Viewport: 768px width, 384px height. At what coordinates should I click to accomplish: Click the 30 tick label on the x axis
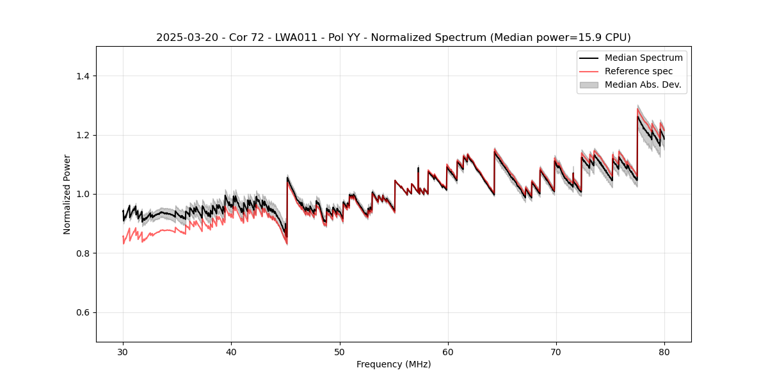[123, 351]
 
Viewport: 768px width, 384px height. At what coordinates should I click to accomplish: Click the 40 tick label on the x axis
[231, 351]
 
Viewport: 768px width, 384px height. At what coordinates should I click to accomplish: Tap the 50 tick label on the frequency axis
[339, 351]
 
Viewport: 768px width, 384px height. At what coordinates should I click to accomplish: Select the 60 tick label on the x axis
[448, 351]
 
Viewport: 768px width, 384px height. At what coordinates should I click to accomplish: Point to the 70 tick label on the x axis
[556, 351]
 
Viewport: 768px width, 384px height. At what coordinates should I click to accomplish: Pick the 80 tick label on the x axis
[664, 351]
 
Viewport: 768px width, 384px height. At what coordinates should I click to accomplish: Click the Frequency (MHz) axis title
[394, 364]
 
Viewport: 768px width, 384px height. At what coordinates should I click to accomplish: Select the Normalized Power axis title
[67, 194]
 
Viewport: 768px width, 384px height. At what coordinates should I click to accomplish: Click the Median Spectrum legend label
[643, 58]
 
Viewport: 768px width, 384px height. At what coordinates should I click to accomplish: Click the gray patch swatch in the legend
[589, 84]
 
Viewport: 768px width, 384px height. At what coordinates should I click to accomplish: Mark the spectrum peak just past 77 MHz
[637, 115]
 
